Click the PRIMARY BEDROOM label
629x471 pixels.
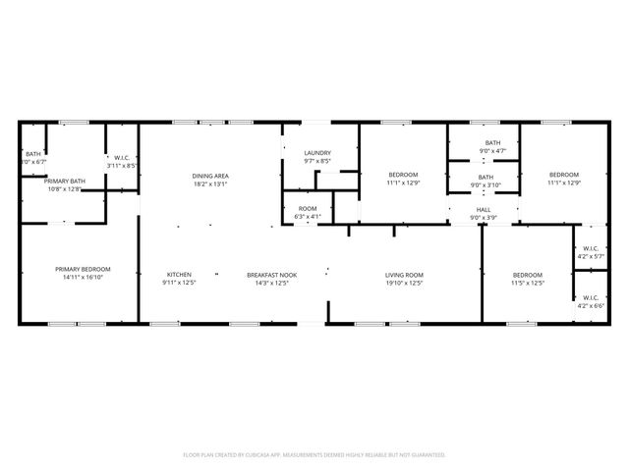[83, 270]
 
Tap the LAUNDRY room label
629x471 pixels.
[316, 153]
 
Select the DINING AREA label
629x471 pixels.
[210, 176]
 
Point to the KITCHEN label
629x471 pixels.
[179, 275]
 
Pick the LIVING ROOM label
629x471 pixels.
[403, 275]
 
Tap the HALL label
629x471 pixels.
[484, 209]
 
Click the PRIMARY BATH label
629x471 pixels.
[65, 181]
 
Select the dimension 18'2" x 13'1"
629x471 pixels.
[210, 184]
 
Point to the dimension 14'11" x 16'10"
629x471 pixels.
[83, 279]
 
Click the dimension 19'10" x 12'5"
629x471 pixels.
[403, 284]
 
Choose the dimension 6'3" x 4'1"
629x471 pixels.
[309, 217]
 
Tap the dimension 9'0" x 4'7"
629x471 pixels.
[492, 151]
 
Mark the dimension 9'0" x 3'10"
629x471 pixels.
[486, 185]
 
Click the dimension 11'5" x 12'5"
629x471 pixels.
[528, 284]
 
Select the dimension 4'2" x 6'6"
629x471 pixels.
[591, 305]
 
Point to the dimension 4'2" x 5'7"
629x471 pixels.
[591, 257]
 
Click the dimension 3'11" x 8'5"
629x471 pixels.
[123, 166]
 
